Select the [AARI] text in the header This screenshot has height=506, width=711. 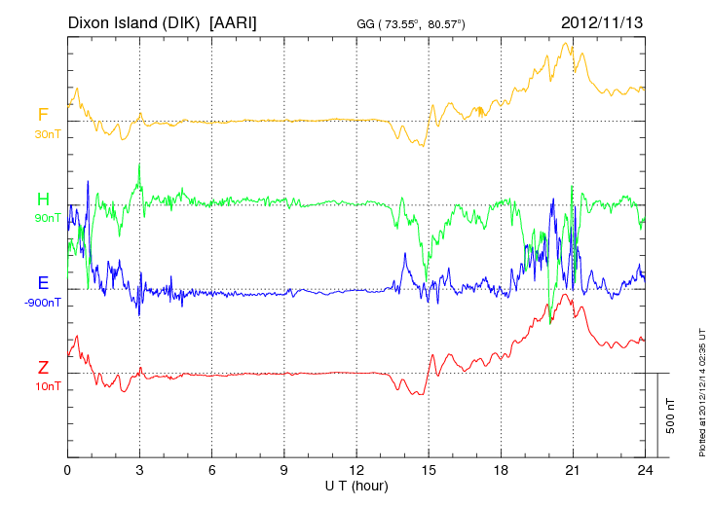[x=233, y=21]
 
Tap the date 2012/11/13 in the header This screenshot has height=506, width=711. [x=603, y=21]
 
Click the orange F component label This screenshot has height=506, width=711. [x=43, y=116]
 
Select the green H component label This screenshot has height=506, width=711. [x=43, y=200]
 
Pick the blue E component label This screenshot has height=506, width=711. [x=43, y=283]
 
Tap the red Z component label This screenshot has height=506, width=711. [x=43, y=368]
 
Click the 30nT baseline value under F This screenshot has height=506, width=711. [x=46, y=134]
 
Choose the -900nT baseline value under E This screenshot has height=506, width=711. [x=43, y=303]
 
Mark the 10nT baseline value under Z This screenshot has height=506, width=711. [x=46, y=386]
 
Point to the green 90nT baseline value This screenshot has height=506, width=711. [x=46, y=219]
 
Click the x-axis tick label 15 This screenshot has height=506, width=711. [x=429, y=470]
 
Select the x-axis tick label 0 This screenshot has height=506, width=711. [x=67, y=470]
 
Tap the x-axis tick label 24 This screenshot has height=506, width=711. [x=645, y=470]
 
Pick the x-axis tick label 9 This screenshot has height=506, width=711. [x=284, y=470]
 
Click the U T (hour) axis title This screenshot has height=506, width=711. [x=356, y=485]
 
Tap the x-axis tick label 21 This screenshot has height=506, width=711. [x=573, y=470]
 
